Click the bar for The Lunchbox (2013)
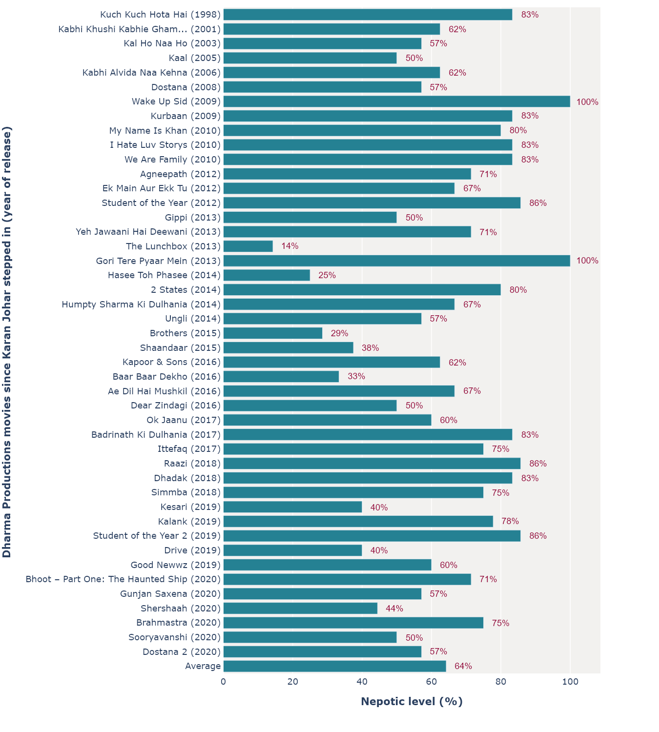coord(248,246)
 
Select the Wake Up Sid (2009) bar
coord(396,102)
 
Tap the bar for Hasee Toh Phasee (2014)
coord(267,275)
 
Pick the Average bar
coord(334,667)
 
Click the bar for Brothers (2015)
coord(273,333)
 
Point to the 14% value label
coord(289,246)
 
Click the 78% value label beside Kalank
coord(510,522)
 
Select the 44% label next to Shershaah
coord(394,609)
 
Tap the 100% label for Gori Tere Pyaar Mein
coord(587,261)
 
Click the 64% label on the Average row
coord(463,667)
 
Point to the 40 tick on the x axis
coord(362,682)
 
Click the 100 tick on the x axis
coord(570,682)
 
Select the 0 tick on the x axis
coord(224,682)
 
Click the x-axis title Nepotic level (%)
coord(412,702)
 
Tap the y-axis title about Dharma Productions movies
coord(7,342)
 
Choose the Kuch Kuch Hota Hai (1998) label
coord(160,15)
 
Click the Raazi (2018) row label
coord(192,464)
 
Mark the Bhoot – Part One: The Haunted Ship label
coord(123,579)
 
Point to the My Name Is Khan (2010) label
coord(165,131)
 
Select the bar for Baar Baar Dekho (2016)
coord(281,377)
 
